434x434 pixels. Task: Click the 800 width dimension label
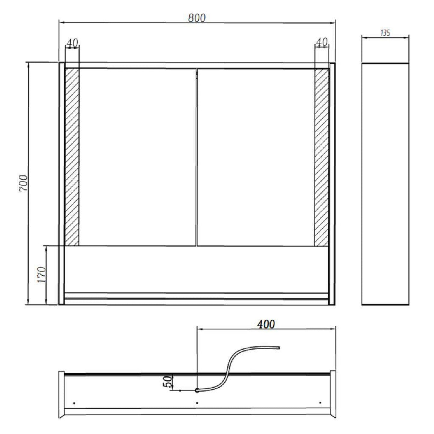(197, 18)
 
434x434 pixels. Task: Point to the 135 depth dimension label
(385, 33)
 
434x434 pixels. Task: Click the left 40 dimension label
(72, 44)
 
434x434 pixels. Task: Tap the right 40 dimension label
(322, 43)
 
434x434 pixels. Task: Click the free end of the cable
(279, 348)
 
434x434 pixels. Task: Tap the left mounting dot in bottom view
(74, 403)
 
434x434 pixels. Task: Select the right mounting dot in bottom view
(320, 402)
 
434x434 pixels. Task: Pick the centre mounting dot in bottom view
(197, 403)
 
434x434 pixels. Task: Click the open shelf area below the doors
(197, 269)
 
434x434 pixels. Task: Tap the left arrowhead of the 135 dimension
(363, 38)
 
